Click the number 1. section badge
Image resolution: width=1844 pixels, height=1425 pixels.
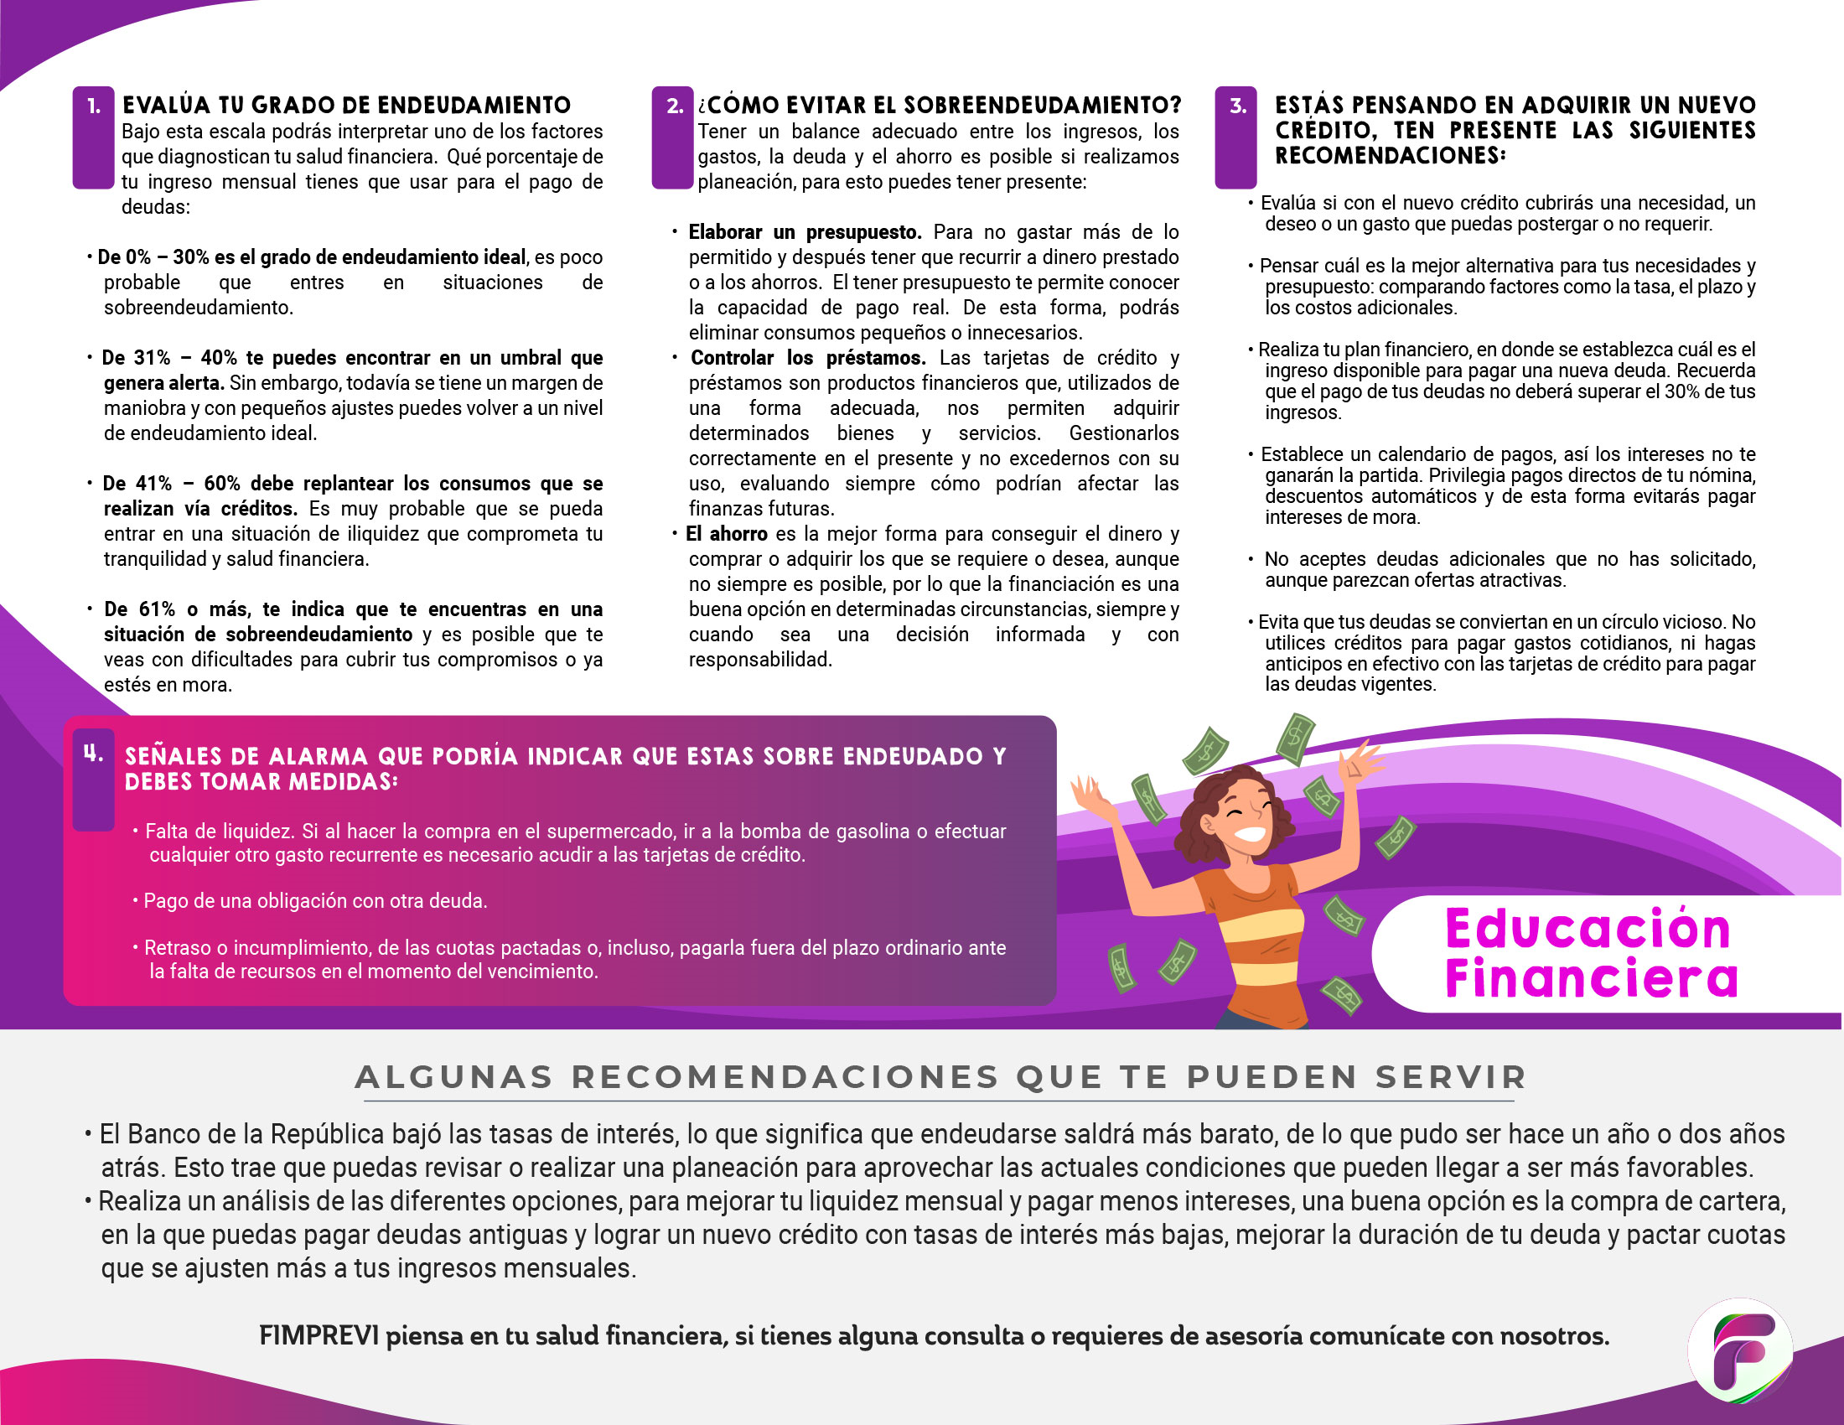[93, 107]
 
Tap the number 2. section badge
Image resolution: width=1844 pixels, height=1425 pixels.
[673, 107]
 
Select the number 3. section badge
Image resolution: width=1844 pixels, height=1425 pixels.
[1236, 107]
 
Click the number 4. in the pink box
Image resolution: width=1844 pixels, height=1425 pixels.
[93, 754]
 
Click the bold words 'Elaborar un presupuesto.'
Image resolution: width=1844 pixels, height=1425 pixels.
[804, 232]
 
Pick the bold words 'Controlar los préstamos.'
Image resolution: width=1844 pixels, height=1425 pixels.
[807, 358]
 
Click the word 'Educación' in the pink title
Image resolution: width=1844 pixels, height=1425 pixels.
[1588, 930]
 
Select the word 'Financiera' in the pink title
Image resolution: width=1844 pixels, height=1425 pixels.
[1591, 977]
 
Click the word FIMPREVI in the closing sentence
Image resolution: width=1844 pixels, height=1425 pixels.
[319, 1336]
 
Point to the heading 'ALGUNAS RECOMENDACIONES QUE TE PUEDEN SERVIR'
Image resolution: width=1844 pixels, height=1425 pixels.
[940, 1077]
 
